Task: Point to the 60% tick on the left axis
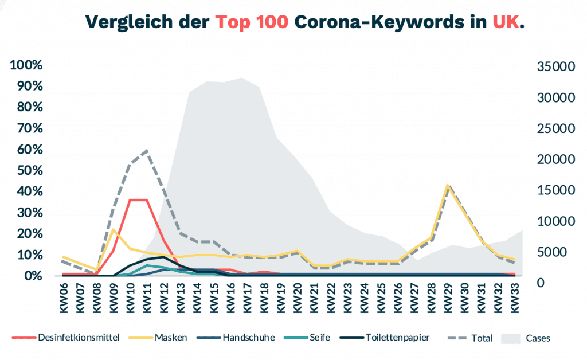pyautogui.click(x=27, y=149)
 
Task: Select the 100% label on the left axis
pyautogui.click(x=27, y=65)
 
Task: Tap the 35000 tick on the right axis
pyautogui.click(x=555, y=66)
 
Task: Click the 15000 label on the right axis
pyautogui.click(x=555, y=190)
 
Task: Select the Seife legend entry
pyautogui.click(x=319, y=337)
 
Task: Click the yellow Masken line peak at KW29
pyautogui.click(x=448, y=186)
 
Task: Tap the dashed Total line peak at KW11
pyautogui.click(x=147, y=150)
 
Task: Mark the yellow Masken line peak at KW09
pyautogui.click(x=114, y=230)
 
